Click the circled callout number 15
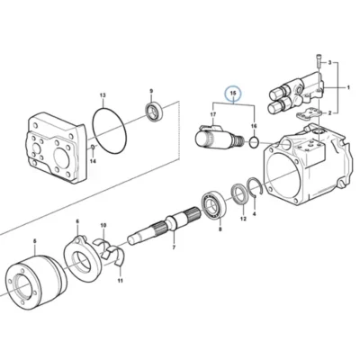point(233,94)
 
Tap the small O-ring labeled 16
point(254,142)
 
